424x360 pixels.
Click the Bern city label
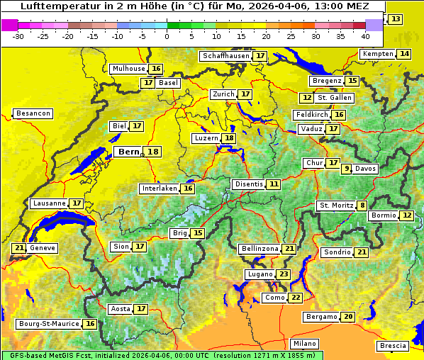click(128, 152)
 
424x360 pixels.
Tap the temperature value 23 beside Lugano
click(284, 274)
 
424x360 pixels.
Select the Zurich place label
click(223, 94)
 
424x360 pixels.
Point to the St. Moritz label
click(336, 206)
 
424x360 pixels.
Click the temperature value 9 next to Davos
click(347, 169)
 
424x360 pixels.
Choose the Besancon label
click(33, 113)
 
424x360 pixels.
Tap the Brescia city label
click(393, 346)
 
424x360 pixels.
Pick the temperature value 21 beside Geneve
click(18, 248)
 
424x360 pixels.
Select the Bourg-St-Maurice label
click(48, 324)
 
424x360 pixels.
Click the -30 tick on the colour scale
click(18, 35)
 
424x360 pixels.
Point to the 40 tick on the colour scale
click(365, 35)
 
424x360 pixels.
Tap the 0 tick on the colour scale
click(167, 35)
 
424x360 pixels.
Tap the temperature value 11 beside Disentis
click(274, 184)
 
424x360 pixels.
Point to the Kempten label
click(378, 54)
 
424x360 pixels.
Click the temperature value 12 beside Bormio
click(406, 215)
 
